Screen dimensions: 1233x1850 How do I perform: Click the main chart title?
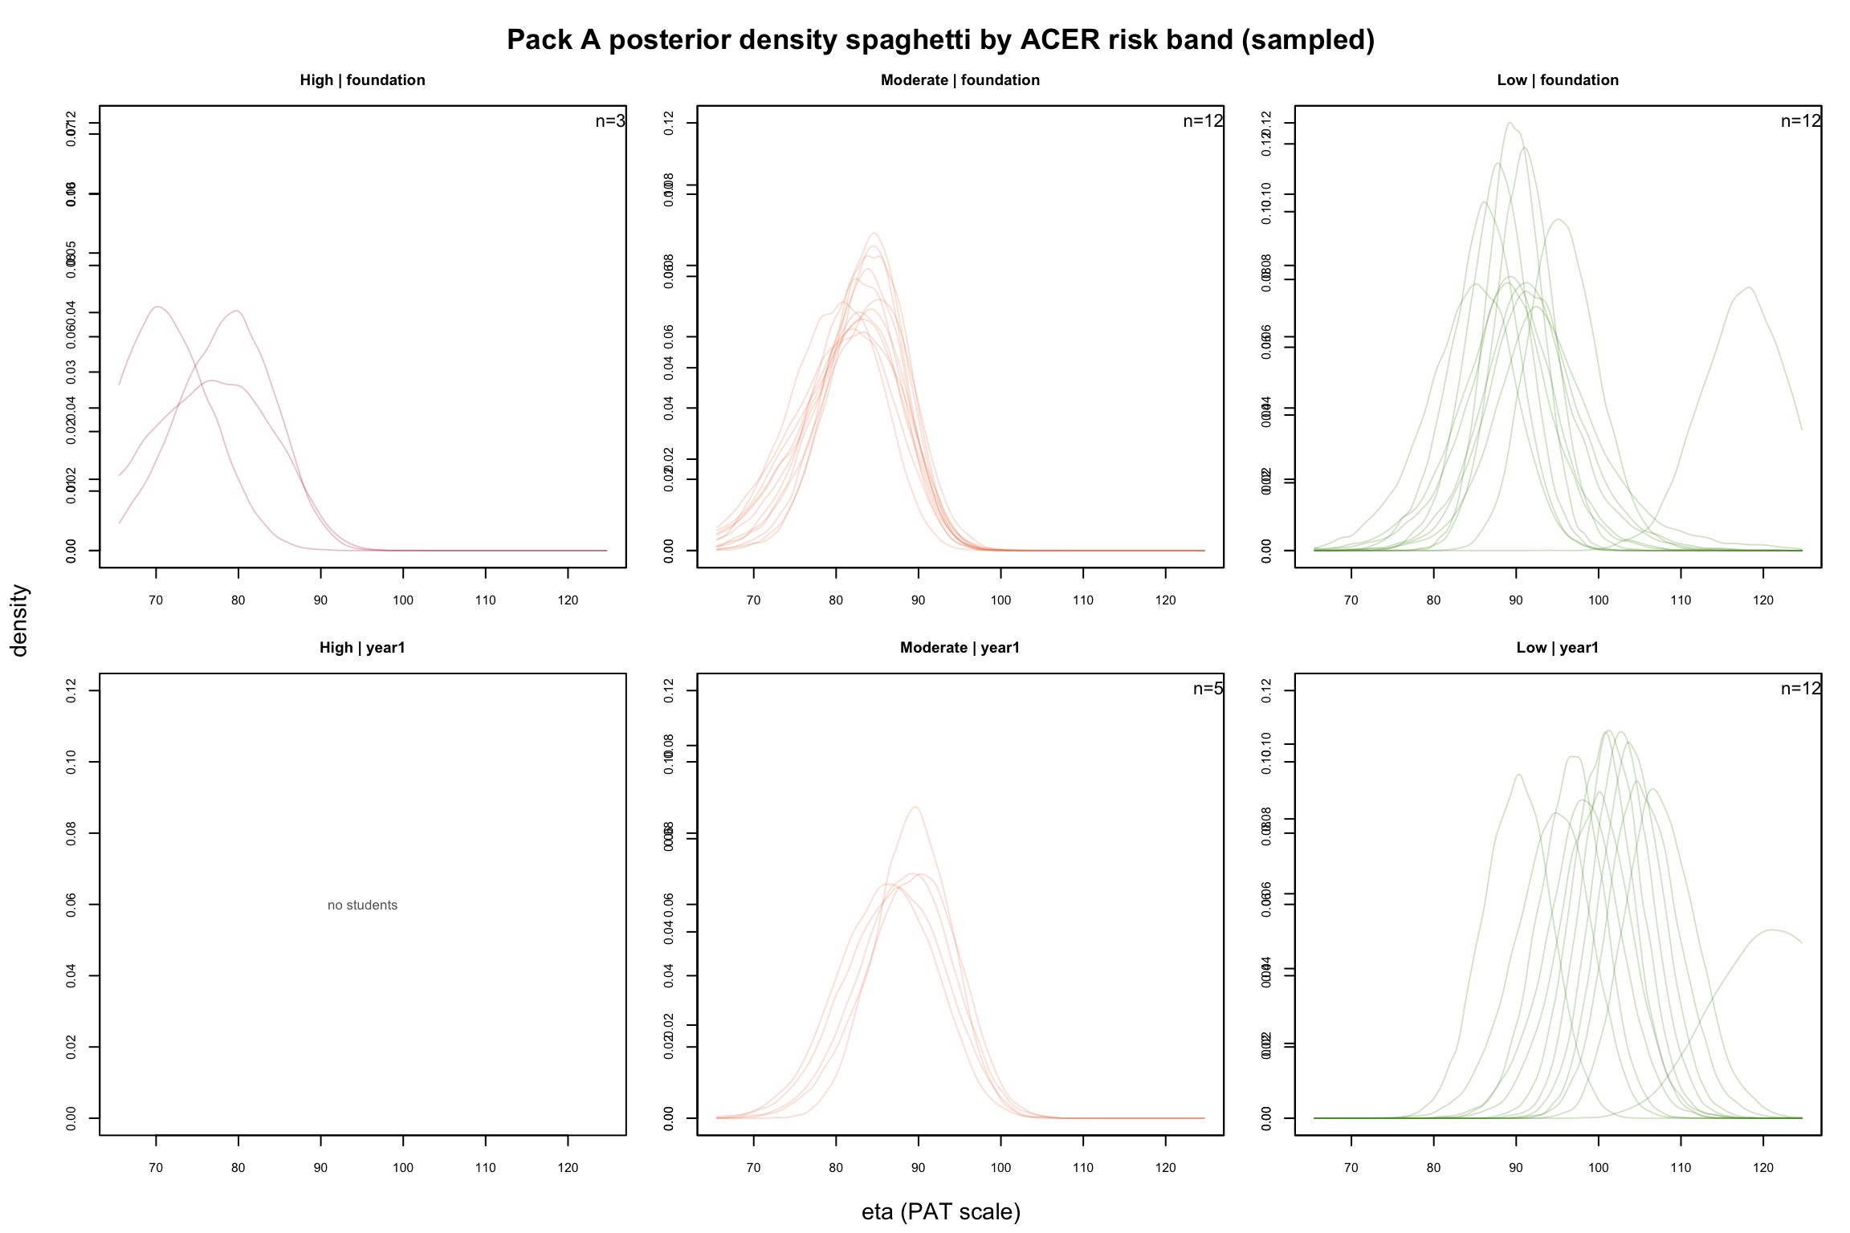(x=940, y=39)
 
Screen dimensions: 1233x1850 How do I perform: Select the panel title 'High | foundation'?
(x=362, y=80)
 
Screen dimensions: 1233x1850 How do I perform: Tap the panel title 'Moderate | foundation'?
(x=960, y=80)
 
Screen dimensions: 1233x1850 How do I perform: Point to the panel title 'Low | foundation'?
(x=1557, y=80)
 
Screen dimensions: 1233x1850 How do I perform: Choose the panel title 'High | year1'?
(x=362, y=648)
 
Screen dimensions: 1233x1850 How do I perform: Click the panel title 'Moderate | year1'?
(x=960, y=648)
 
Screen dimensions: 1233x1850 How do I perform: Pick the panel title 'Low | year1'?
(x=1557, y=648)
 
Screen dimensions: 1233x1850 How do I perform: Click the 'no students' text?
(x=362, y=905)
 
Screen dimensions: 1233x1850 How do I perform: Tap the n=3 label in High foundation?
(x=609, y=121)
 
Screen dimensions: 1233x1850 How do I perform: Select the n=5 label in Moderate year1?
(x=1208, y=689)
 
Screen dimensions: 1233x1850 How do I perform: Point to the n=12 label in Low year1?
(x=1800, y=689)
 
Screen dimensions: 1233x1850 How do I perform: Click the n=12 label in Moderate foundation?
(x=1203, y=121)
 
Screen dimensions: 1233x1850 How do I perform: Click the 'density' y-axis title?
(x=19, y=620)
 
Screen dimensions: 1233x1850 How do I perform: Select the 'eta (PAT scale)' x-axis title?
(x=940, y=1211)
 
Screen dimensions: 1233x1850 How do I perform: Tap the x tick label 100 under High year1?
(x=403, y=1168)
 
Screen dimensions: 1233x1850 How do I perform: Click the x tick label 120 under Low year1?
(x=1763, y=1168)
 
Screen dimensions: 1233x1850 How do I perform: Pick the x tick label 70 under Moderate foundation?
(x=753, y=600)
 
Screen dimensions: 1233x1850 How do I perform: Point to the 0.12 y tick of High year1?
(x=71, y=690)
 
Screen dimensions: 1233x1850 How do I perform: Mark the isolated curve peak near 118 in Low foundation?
(x=1747, y=287)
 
